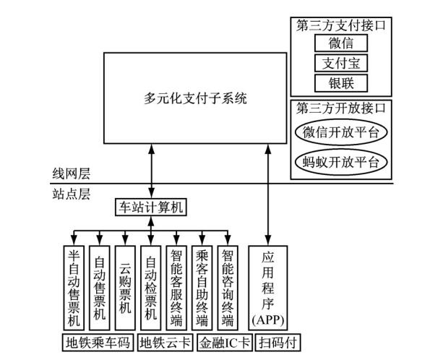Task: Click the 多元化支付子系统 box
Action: (x=195, y=98)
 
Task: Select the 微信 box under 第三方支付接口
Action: (x=341, y=44)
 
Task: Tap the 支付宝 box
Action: (x=341, y=63)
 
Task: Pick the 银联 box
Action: (x=341, y=82)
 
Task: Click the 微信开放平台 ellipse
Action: (x=341, y=132)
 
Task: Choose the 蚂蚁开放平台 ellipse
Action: (x=341, y=160)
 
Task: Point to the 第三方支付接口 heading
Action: (x=341, y=25)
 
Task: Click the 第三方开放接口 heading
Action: (x=341, y=108)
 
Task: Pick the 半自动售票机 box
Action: (x=73, y=287)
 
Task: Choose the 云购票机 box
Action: (x=124, y=287)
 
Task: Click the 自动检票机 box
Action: (x=150, y=287)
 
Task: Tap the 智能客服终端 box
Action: (x=176, y=287)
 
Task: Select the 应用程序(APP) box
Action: (x=267, y=287)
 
